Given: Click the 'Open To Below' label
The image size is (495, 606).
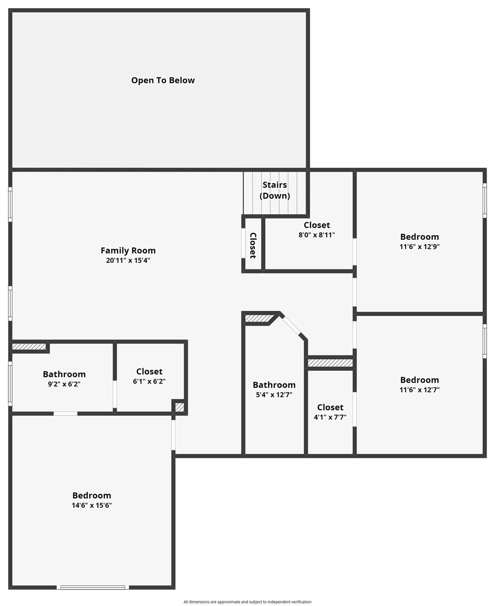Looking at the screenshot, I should pyautogui.click(x=163, y=80).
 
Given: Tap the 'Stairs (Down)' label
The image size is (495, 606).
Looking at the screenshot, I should pyautogui.click(x=275, y=190).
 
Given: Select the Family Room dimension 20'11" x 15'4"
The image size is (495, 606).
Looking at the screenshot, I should pyautogui.click(x=128, y=260).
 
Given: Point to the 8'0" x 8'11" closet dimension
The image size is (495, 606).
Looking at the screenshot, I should pyautogui.click(x=317, y=235).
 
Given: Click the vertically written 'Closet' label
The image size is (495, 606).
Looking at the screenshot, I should pyautogui.click(x=253, y=245).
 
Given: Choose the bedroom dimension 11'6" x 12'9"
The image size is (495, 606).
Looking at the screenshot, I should pyautogui.click(x=419, y=247).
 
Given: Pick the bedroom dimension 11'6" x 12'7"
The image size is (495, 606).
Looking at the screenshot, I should pyautogui.click(x=419, y=390).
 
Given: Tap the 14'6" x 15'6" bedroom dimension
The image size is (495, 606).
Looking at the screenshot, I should pyautogui.click(x=92, y=505).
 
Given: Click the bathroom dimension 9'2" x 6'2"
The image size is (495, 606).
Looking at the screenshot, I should pyautogui.click(x=64, y=384).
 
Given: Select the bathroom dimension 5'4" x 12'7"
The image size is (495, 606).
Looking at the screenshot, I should pyautogui.click(x=274, y=395).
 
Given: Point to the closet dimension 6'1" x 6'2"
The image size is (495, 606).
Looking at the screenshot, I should pyautogui.click(x=149, y=382).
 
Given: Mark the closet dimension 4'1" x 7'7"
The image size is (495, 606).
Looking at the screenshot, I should pyautogui.click(x=330, y=417).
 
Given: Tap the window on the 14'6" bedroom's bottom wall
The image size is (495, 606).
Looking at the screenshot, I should pyautogui.click(x=93, y=587).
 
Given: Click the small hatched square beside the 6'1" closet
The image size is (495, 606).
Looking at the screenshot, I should pyautogui.click(x=180, y=407).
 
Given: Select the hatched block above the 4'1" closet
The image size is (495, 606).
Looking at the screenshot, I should pyautogui.click(x=330, y=363).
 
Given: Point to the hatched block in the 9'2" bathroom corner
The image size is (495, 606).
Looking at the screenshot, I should pyautogui.click(x=29, y=347).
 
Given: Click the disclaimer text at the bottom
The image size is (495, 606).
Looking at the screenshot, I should pyautogui.click(x=247, y=602).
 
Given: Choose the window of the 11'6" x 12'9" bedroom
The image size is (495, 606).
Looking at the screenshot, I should pyautogui.click(x=485, y=200).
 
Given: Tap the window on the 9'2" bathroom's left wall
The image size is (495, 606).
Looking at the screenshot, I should pyautogui.click(x=10, y=383).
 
